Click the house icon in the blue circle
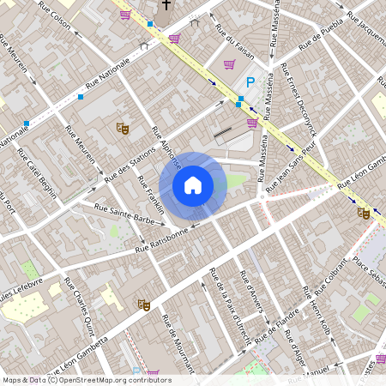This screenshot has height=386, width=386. [193, 184]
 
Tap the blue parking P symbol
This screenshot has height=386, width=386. [250, 82]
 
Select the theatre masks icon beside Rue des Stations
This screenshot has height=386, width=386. [123, 128]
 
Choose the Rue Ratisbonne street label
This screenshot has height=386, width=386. [161, 239]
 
